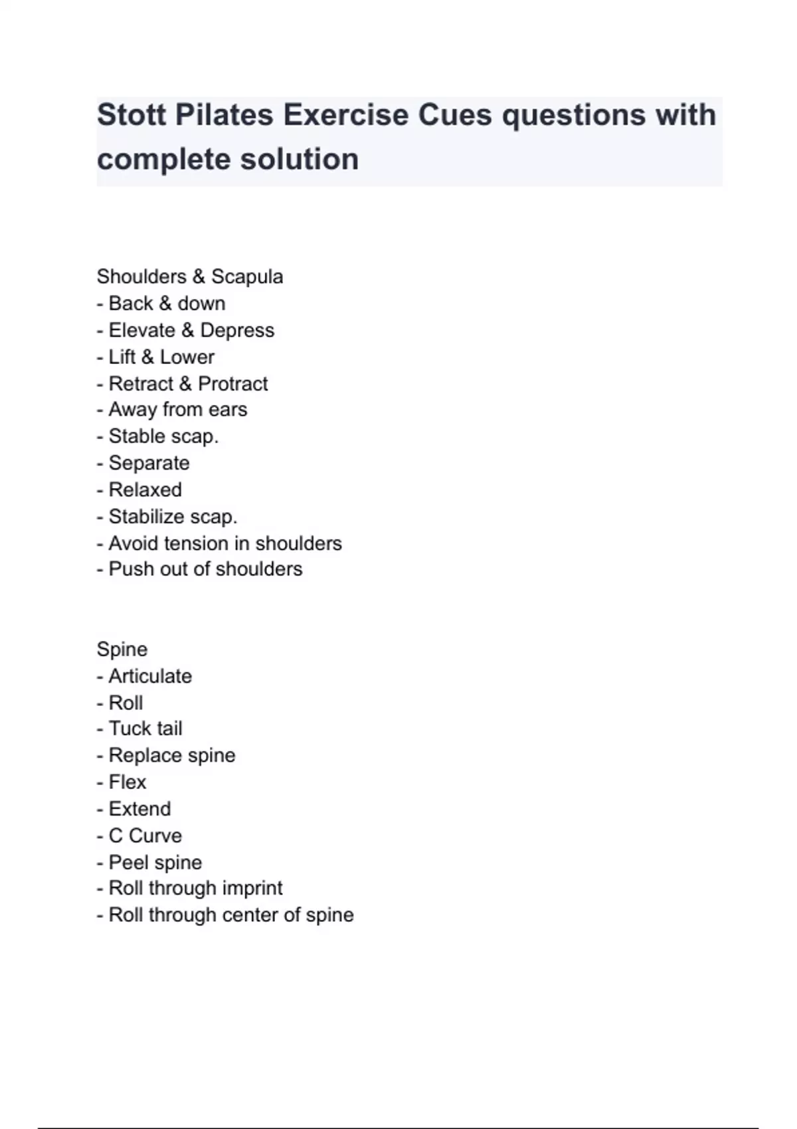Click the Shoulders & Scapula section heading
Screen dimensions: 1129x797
click(x=190, y=276)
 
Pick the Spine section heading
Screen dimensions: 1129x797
click(x=122, y=649)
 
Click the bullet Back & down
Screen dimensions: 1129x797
click(x=167, y=304)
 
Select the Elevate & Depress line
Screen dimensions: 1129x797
click(x=191, y=330)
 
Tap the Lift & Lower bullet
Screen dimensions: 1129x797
click(x=161, y=357)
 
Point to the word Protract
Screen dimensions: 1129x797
click(x=233, y=383)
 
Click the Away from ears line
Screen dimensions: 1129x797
click(x=177, y=410)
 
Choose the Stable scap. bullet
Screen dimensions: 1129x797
click(x=163, y=436)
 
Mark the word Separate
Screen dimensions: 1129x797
click(x=149, y=463)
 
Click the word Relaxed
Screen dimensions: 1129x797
click(x=145, y=489)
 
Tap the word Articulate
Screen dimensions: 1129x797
click(x=150, y=676)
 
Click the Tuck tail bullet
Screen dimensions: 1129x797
click(x=145, y=729)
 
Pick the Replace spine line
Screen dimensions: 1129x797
click(x=171, y=755)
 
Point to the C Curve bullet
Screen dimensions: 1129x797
click(x=145, y=835)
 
